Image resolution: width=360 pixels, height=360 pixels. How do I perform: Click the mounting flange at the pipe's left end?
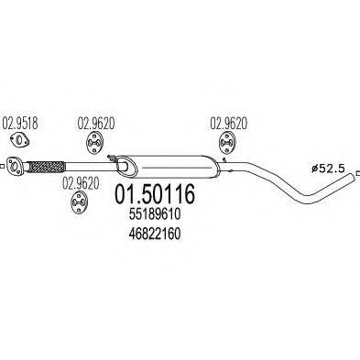tap(15, 166)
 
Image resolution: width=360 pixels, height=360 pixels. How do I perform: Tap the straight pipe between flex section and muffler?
tap(92, 168)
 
